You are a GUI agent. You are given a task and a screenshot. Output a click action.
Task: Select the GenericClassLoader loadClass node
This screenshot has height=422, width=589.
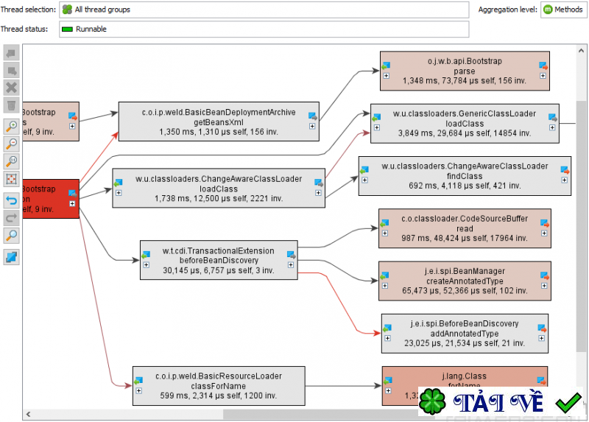(x=464, y=123)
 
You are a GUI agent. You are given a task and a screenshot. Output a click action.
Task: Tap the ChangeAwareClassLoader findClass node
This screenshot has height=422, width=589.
(x=465, y=176)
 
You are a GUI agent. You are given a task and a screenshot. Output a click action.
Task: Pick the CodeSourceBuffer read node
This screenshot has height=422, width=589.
(x=464, y=228)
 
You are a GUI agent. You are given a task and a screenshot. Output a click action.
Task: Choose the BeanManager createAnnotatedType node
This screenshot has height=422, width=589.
(x=464, y=281)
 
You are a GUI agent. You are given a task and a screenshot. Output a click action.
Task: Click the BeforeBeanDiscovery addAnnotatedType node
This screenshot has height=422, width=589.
(x=465, y=333)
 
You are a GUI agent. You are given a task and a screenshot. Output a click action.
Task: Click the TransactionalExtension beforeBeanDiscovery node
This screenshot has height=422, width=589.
(x=219, y=259)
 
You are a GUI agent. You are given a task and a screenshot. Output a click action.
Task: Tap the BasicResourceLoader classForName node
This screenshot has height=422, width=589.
(x=218, y=385)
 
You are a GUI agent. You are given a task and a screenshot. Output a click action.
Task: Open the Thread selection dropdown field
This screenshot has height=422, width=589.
(x=264, y=10)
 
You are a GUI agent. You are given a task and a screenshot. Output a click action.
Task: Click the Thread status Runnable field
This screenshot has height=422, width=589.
(x=264, y=29)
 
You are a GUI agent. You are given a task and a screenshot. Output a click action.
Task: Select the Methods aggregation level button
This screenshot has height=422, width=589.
(x=564, y=10)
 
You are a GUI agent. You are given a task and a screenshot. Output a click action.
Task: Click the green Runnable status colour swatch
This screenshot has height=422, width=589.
(x=68, y=29)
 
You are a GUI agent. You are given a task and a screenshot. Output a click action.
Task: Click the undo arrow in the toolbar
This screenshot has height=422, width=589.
(x=12, y=200)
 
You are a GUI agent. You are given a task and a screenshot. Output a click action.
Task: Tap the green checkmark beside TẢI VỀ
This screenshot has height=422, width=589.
(x=568, y=403)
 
